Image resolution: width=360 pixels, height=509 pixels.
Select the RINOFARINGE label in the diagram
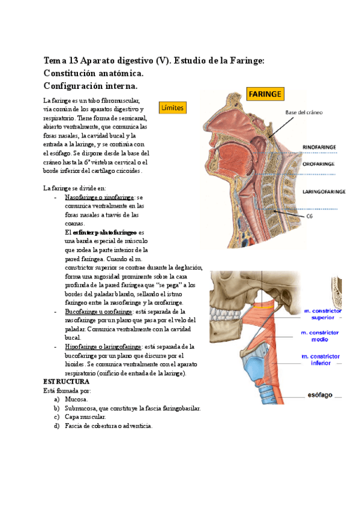[x=319, y=146]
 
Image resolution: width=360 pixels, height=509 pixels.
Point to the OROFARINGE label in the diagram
[x=318, y=163]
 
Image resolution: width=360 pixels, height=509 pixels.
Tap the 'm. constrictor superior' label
[x=322, y=314]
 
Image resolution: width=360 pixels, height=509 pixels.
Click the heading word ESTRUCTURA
[x=67, y=381]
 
